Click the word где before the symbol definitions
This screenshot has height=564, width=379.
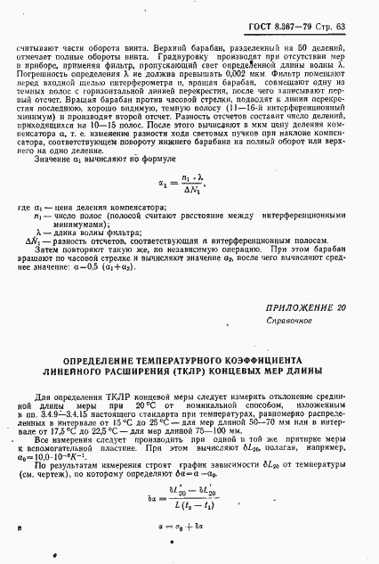click(23, 207)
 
